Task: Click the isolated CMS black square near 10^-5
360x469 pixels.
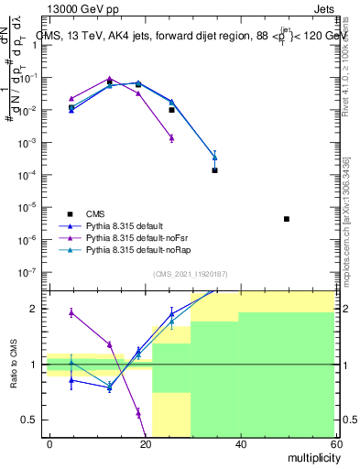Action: (x=287, y=219)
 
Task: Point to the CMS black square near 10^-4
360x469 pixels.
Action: (x=214, y=170)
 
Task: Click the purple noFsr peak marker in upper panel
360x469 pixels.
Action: (x=109, y=79)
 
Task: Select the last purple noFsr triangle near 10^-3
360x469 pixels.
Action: (x=171, y=138)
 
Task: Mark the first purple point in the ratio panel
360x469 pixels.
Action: (x=71, y=312)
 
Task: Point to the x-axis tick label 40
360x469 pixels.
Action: (x=239, y=443)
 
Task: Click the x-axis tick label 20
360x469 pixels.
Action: (x=145, y=443)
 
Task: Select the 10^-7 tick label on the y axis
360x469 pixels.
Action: (x=33, y=272)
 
